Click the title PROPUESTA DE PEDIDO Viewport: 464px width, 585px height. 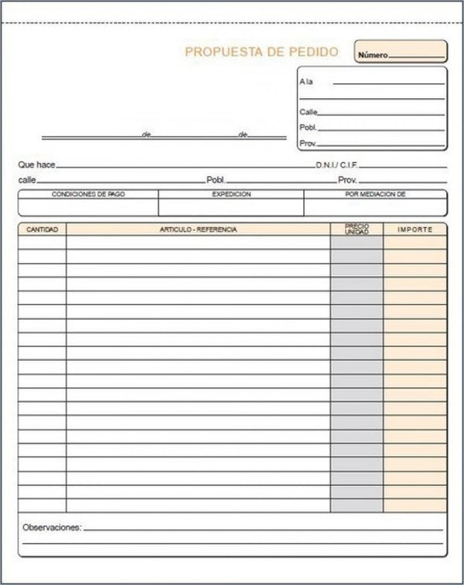[261, 53]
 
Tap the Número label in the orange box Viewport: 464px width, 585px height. [372, 56]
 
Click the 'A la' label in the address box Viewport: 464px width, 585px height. [305, 82]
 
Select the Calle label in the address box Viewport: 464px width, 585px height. [308, 112]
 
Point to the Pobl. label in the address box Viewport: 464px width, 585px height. [308, 128]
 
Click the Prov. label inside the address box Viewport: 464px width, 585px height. [308, 144]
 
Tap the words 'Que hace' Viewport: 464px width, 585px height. [36, 165]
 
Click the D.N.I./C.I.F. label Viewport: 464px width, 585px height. [336, 165]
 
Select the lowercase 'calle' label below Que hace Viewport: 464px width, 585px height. [27, 180]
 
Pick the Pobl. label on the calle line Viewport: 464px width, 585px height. [215, 180]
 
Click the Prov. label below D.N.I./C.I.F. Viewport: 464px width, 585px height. [346, 180]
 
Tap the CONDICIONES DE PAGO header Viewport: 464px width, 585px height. [88, 195]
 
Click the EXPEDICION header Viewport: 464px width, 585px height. [231, 195]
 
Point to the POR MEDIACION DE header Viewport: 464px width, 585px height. [375, 195]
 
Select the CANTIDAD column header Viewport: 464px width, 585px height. [42, 230]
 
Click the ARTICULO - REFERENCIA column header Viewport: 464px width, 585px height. [198, 230]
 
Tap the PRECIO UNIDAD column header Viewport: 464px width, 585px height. [357, 230]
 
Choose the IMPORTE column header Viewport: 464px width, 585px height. [415, 230]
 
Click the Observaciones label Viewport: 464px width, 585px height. [52, 527]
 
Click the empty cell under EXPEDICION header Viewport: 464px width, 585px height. [231, 207]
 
